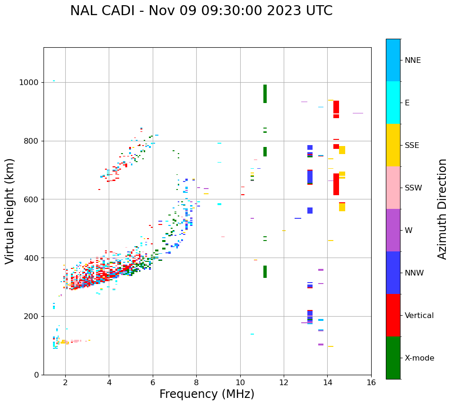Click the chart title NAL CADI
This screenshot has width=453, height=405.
pyautogui.click(x=201, y=11)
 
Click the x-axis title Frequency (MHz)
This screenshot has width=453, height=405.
pyautogui.click(x=207, y=394)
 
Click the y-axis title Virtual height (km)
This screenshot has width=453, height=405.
pyautogui.click(x=10, y=211)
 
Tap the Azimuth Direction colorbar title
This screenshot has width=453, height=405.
pyautogui.click(x=442, y=209)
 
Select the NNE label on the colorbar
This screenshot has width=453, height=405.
pyautogui.click(x=412, y=60)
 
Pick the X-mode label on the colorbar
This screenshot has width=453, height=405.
pyautogui.click(x=419, y=358)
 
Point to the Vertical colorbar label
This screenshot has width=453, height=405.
pyautogui.click(x=419, y=316)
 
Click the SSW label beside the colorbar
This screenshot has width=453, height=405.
pyautogui.click(x=413, y=188)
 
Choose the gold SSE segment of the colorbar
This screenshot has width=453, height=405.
pyautogui.click(x=393, y=145)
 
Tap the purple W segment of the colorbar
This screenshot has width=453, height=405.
pyautogui.click(x=393, y=230)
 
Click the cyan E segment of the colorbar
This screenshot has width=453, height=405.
pyautogui.click(x=393, y=103)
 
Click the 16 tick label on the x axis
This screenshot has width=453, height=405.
pyautogui.click(x=371, y=382)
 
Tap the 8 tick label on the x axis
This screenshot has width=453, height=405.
pyautogui.click(x=196, y=382)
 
